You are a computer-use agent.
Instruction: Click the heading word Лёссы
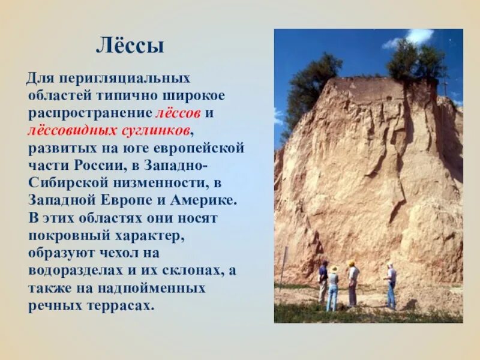(130, 46)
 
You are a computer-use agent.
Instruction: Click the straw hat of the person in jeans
(334, 269)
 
